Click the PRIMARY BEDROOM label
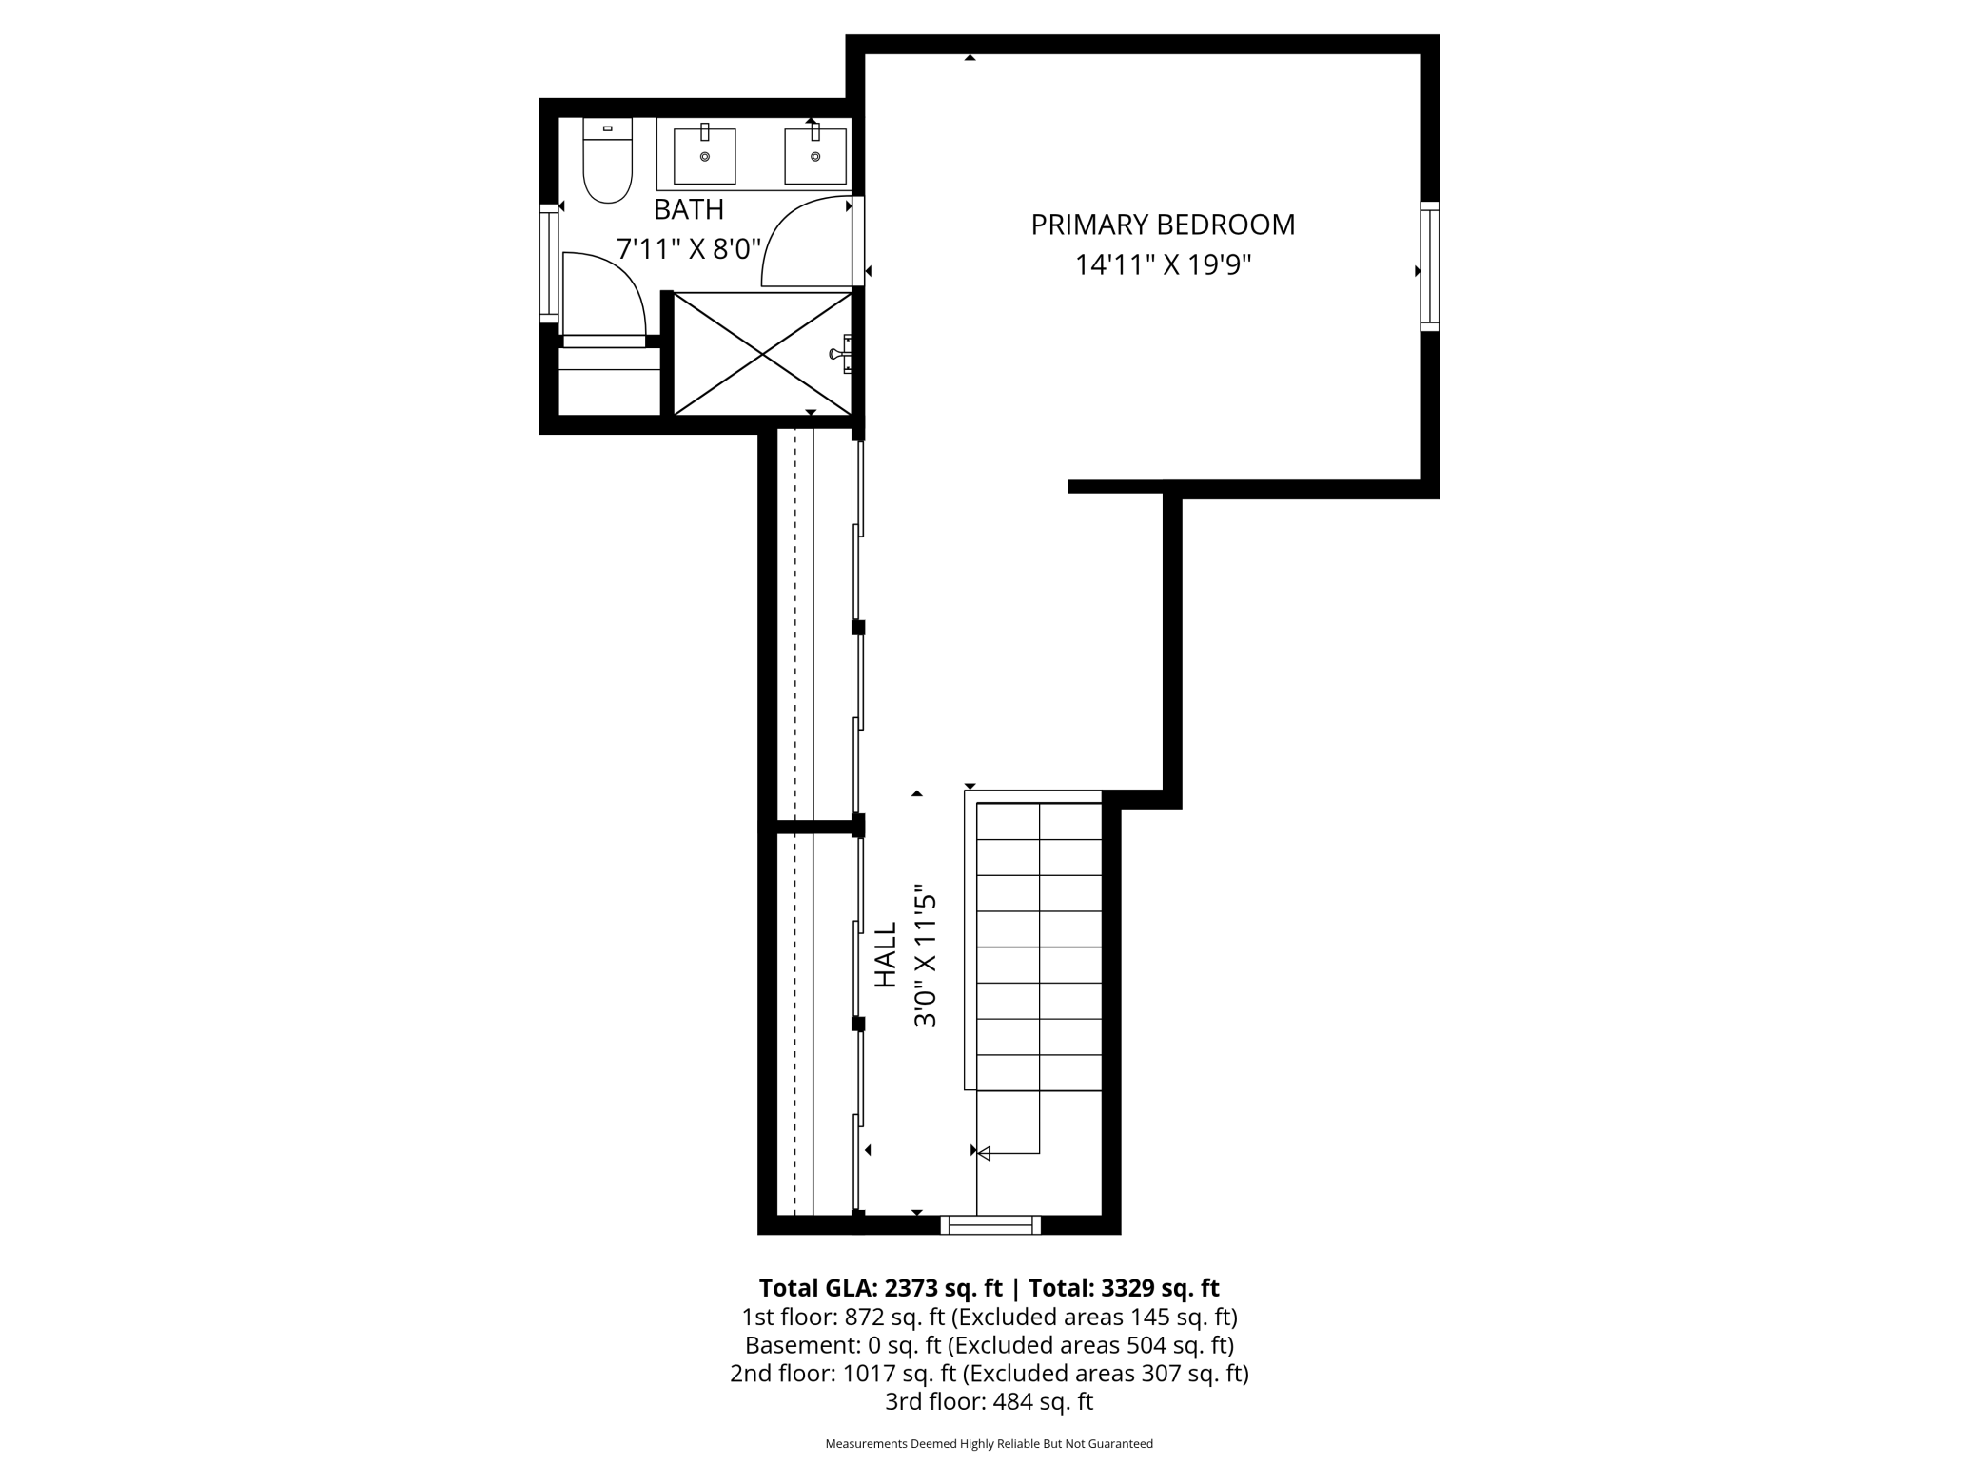coord(1163,225)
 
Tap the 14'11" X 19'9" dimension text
coord(1163,264)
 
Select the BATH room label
coord(689,209)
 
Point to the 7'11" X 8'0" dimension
coord(689,249)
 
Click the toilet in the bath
coord(608,162)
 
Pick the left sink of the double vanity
coord(705,156)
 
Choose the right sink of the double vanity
coord(815,156)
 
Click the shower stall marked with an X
coord(763,354)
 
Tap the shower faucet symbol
coord(840,354)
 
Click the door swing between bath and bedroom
coord(804,243)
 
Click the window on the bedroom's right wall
coord(1429,266)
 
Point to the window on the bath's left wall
coord(549,264)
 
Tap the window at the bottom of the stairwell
coord(990,1225)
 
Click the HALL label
coord(886,954)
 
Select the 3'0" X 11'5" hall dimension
coord(926,961)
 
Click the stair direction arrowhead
coord(984,1154)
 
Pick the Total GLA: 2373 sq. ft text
coord(880,1288)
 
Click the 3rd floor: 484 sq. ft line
coord(989,1401)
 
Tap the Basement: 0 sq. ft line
coord(989,1345)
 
